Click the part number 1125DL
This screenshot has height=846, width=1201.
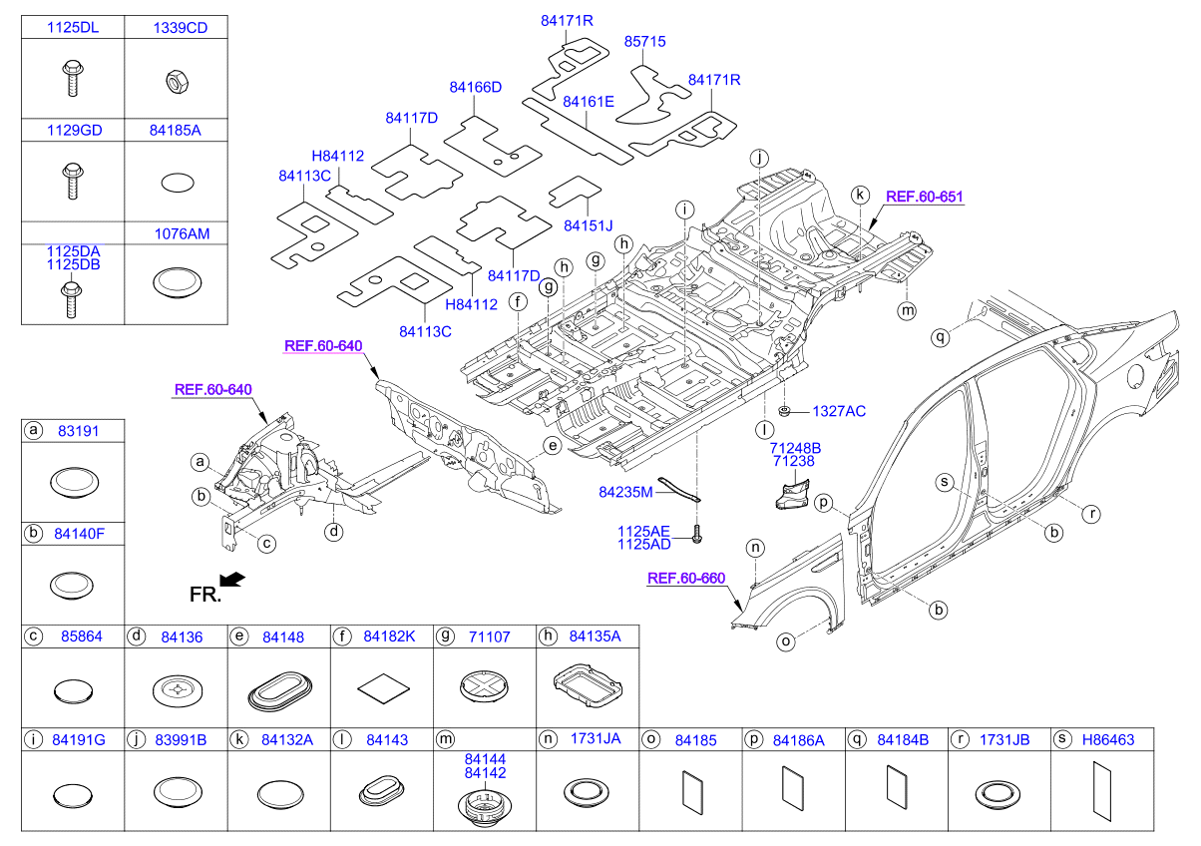pyautogui.click(x=73, y=29)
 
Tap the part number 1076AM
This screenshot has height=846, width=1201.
pyautogui.click(x=181, y=233)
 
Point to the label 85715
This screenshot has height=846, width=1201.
pyautogui.click(x=644, y=42)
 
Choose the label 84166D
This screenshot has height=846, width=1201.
pyautogui.click(x=475, y=88)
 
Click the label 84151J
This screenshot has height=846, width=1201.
pyautogui.click(x=589, y=224)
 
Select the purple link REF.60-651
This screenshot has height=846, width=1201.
pyautogui.click(x=924, y=197)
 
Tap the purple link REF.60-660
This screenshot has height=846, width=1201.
pyautogui.click(x=685, y=578)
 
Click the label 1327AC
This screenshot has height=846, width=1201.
pyautogui.click(x=838, y=411)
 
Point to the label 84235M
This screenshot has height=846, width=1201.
pyautogui.click(x=625, y=492)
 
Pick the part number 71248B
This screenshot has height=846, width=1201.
pyautogui.click(x=794, y=448)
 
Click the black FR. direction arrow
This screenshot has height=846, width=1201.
pyautogui.click(x=231, y=580)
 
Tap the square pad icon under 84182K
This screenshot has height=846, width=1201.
pyautogui.click(x=382, y=686)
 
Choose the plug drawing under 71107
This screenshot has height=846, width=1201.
pyautogui.click(x=485, y=686)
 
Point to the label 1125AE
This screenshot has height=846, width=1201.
pyautogui.click(x=643, y=531)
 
